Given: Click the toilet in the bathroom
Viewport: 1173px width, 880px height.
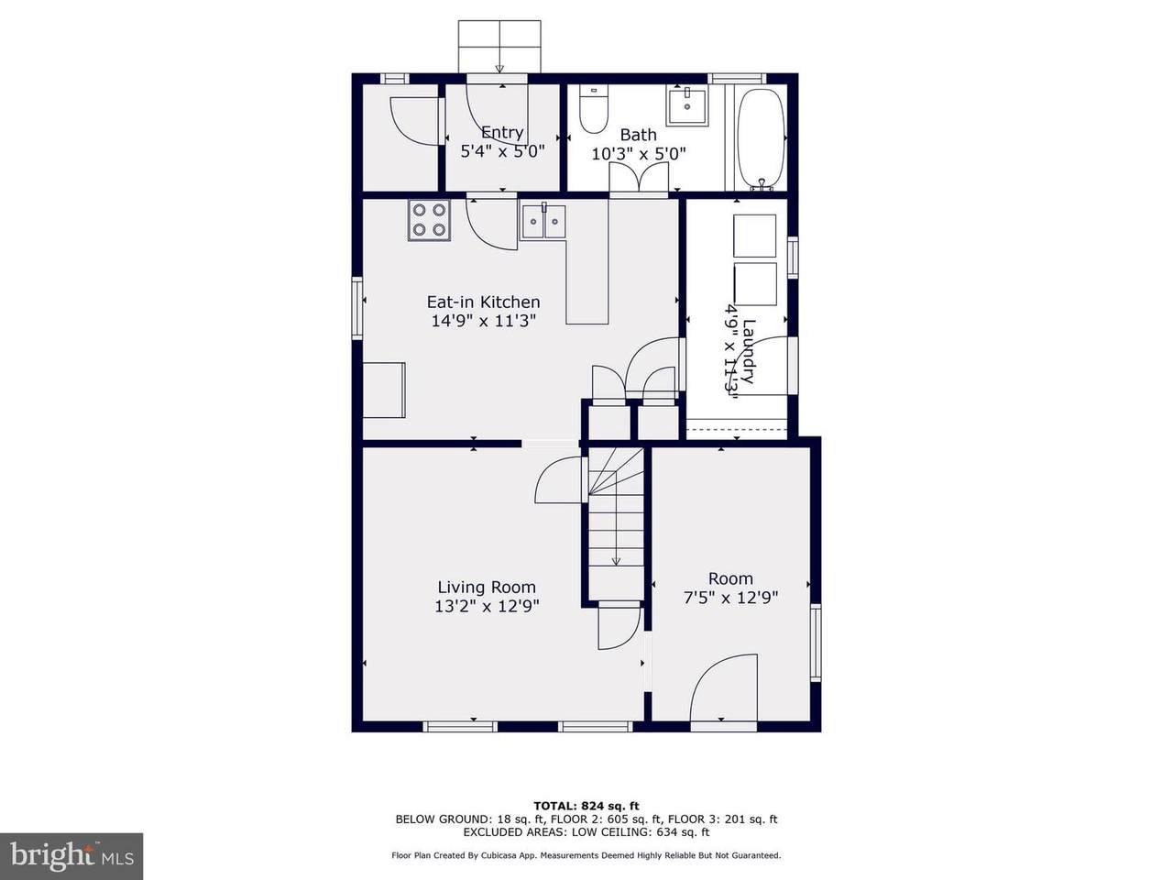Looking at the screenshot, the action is (x=594, y=109).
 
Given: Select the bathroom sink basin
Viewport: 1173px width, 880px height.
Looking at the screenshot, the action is (x=686, y=107).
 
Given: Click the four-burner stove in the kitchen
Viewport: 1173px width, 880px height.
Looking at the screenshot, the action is (x=429, y=220).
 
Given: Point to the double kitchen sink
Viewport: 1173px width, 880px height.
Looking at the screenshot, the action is (x=543, y=221).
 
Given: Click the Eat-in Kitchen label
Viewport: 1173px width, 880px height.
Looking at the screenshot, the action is (x=483, y=302).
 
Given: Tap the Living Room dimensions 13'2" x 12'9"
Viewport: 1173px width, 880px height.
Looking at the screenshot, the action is (x=487, y=606).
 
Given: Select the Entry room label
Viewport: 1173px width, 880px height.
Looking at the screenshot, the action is (x=502, y=133).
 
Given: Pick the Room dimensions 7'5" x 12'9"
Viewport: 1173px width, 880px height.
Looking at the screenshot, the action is (x=730, y=597).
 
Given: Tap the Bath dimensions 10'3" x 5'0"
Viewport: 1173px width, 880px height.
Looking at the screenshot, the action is (x=638, y=154).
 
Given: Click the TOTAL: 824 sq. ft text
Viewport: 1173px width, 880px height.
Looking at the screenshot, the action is (x=586, y=806).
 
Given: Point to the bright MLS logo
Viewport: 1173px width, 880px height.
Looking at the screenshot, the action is (x=71, y=856).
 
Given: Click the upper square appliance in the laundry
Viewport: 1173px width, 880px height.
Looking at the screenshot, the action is (x=754, y=236).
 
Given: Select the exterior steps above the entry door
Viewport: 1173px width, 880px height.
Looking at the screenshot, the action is (x=499, y=47).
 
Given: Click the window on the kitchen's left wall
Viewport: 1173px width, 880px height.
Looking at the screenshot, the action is (x=357, y=307).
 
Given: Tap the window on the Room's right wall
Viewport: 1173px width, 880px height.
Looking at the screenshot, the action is (x=816, y=643).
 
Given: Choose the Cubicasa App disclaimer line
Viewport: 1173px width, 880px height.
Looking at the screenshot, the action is (x=586, y=855).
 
